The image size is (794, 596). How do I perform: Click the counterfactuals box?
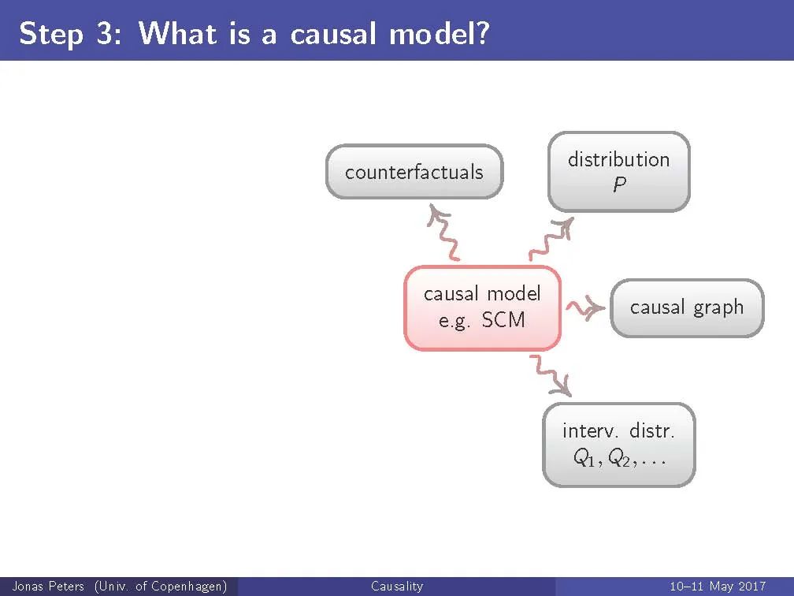414,172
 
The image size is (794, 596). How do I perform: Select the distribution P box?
618,172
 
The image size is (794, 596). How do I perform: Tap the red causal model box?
482,307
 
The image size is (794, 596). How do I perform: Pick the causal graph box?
687,307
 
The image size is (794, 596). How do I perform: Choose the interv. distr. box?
619,444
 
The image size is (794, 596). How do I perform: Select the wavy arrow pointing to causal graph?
586,307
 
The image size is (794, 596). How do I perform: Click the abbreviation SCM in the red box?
503,321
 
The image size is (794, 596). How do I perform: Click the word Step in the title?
51,34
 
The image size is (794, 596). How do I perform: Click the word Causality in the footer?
396,587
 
